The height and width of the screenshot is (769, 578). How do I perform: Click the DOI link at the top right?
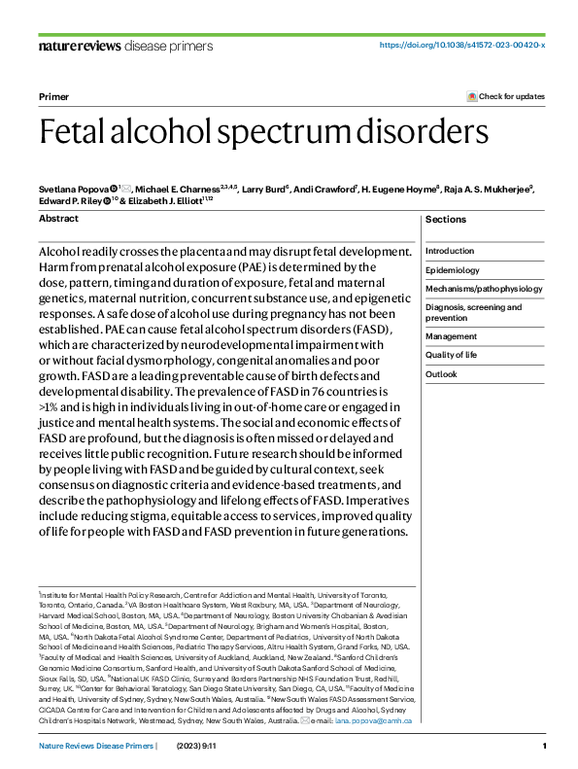(461, 46)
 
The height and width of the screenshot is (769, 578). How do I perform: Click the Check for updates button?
(506, 97)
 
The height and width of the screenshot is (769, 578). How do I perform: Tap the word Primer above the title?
(52, 97)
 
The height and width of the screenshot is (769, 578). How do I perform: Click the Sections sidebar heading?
(446, 219)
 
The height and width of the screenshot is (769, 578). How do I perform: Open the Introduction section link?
(450, 251)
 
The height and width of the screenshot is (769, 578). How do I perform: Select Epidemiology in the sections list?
(453, 269)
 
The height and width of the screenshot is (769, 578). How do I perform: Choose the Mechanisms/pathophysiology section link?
(484, 289)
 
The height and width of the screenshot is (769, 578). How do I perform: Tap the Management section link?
(451, 336)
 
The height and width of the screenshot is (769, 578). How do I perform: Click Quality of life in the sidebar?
(452, 355)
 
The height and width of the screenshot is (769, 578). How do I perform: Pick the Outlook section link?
(441, 374)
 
